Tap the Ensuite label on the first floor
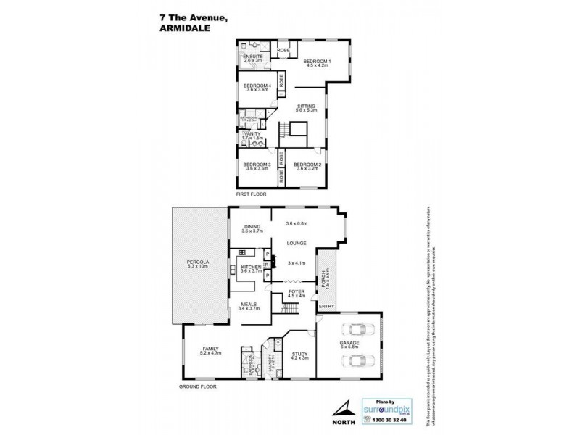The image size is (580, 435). click(x=253, y=57)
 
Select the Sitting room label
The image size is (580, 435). click(x=306, y=107)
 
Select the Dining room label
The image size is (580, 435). click(x=252, y=227)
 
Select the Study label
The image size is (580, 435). click(x=299, y=355)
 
